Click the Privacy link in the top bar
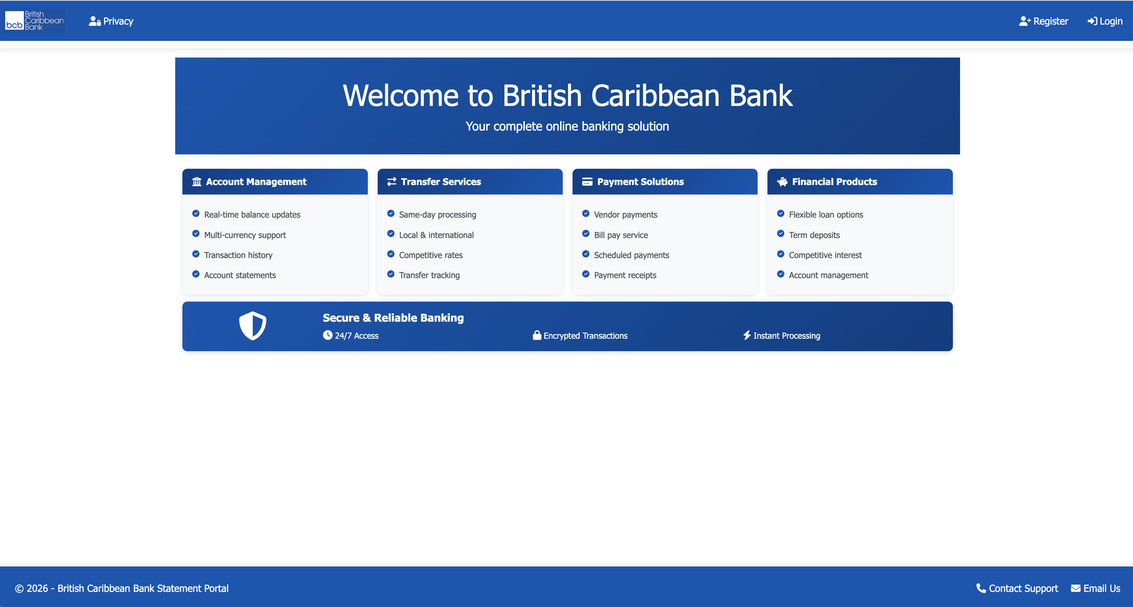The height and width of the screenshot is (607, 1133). [111, 21]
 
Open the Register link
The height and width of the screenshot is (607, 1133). [1043, 21]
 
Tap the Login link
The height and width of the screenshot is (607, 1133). [1105, 21]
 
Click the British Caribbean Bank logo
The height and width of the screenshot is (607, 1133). [34, 21]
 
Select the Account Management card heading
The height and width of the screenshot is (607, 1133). [256, 182]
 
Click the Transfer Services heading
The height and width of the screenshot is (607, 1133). [441, 182]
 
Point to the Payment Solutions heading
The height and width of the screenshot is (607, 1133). [640, 182]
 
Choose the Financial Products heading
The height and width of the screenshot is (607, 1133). [834, 182]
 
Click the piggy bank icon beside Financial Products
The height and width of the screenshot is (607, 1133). [782, 182]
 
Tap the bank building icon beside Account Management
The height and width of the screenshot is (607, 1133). [197, 182]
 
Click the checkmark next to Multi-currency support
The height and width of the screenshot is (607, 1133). [196, 233]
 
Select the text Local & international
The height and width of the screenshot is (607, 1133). [436, 235]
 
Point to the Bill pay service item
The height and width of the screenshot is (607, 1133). [621, 235]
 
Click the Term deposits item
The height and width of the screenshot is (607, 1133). [814, 235]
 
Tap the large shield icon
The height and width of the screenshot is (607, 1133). [252, 326]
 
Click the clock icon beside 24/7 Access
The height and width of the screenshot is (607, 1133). [328, 335]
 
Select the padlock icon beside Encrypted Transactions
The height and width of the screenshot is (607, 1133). [537, 335]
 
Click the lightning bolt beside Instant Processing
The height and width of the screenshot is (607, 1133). [747, 335]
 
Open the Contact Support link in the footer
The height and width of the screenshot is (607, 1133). [1017, 588]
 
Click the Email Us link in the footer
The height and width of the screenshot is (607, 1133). [1095, 588]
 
